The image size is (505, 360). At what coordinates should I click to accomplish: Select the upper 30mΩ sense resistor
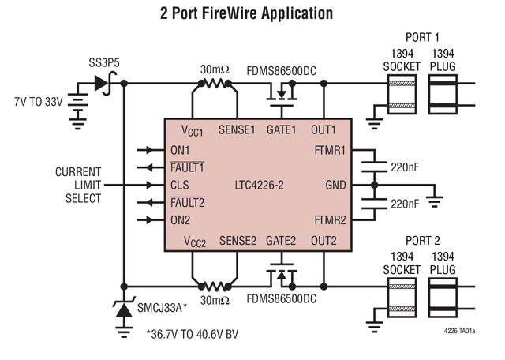[x=215, y=84]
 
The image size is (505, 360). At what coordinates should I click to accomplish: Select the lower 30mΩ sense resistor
[x=215, y=287]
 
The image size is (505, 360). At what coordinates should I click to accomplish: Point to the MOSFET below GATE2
[x=282, y=275]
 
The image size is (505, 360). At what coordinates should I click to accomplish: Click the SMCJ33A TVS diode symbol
[x=124, y=308]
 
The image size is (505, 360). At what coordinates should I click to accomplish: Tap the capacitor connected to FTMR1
[x=374, y=167]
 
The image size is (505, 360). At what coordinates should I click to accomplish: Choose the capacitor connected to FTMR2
[x=374, y=204]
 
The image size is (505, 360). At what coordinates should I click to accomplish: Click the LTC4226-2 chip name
[x=260, y=186]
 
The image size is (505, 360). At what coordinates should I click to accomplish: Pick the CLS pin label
[x=180, y=186]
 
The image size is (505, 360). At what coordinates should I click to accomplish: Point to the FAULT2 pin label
[x=187, y=203]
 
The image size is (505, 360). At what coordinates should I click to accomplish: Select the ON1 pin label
[x=180, y=150]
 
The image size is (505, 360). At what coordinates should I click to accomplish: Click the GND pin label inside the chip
[x=335, y=186]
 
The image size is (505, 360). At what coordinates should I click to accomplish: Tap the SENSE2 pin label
[x=238, y=241]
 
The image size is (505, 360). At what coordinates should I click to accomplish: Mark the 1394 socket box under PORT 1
[x=402, y=95]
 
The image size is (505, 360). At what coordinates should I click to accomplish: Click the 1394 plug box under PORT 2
[x=443, y=298]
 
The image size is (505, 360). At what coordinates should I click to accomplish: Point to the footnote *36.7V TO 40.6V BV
[x=193, y=334]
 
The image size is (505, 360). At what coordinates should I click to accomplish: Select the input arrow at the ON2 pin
[x=151, y=220]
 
